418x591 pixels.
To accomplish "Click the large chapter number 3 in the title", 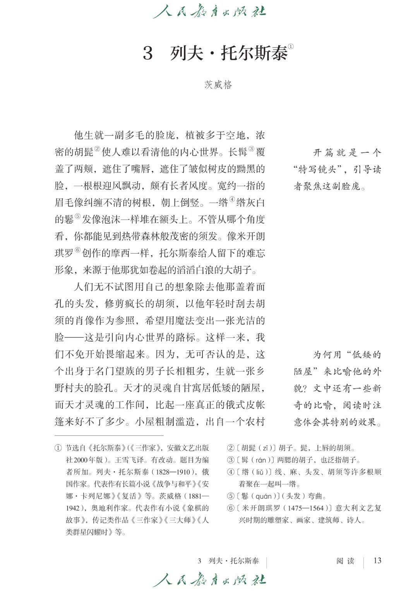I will [148, 53].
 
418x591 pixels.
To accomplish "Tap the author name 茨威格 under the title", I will [218, 84].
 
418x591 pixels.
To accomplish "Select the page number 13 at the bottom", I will [377, 560].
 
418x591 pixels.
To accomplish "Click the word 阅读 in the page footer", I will [345, 561].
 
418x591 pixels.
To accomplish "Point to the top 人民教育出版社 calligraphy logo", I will [209, 11].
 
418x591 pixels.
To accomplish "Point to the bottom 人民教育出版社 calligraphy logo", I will [209, 580].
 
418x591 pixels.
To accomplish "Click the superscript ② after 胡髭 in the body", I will [98, 149].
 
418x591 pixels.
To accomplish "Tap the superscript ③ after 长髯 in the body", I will [252, 149].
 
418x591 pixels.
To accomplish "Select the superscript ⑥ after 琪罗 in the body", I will [77, 250].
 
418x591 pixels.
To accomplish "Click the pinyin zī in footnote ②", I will [265, 448].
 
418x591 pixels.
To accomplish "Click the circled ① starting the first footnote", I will [58, 448].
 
